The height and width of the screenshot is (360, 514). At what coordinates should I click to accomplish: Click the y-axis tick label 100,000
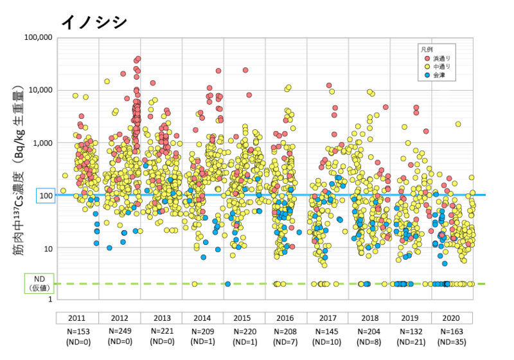(x=38, y=37)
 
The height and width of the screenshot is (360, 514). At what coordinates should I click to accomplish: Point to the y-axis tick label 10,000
(x=40, y=90)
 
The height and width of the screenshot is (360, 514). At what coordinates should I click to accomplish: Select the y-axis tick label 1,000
(x=42, y=143)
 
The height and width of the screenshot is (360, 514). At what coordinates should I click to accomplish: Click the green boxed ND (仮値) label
(x=39, y=283)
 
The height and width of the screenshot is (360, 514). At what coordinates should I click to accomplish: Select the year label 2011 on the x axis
(x=78, y=318)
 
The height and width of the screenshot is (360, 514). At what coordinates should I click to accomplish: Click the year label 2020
(x=452, y=318)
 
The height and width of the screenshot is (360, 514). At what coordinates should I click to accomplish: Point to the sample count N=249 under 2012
(x=120, y=331)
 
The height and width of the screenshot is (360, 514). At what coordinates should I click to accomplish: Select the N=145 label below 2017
(x=328, y=331)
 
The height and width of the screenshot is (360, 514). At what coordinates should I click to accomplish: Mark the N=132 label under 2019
(x=411, y=331)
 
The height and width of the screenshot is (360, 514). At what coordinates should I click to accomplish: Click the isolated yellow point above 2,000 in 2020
(x=458, y=124)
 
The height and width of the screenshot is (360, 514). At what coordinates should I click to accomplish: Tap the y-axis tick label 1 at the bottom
(x=50, y=300)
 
